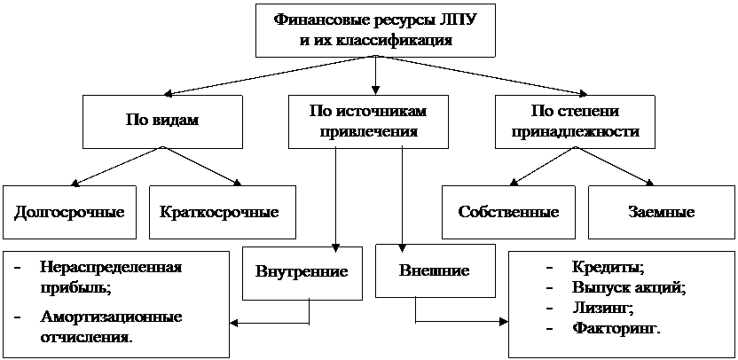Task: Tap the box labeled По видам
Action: (x=162, y=121)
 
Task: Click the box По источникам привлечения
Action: (x=368, y=121)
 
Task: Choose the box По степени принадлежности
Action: (x=574, y=121)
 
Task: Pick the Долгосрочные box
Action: (x=69, y=212)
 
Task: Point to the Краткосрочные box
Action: (x=223, y=212)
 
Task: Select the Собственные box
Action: (x=508, y=212)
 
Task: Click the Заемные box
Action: (x=661, y=212)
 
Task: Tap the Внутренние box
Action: (x=302, y=272)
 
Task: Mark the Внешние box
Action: (x=436, y=270)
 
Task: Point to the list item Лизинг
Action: (x=601, y=309)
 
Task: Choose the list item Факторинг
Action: (x=616, y=328)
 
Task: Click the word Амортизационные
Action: (x=111, y=317)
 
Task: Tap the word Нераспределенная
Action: (x=111, y=267)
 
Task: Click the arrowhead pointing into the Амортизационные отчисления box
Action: (x=234, y=324)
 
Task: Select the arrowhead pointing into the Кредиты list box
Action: (x=504, y=323)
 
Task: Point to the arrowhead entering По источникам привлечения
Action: (x=375, y=90)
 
